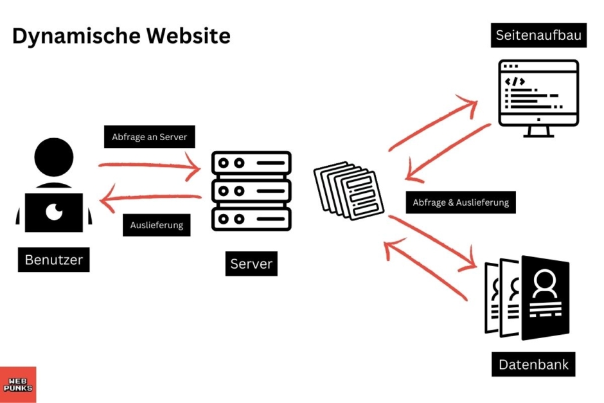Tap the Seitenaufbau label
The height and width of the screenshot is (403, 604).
point(538,35)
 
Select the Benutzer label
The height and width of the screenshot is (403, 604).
point(54,260)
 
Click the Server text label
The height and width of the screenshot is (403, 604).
point(251,264)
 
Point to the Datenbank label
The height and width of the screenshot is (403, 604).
point(533,364)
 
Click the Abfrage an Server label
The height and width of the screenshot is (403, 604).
point(149,137)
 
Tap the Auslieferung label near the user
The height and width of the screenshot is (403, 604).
point(156,225)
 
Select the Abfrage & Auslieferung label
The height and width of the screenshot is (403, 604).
point(460,202)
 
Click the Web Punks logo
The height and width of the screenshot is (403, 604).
point(18,384)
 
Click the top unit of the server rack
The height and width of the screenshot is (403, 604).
point(251,165)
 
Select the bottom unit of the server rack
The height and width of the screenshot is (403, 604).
point(251,218)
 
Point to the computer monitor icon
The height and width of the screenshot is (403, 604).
point(538,96)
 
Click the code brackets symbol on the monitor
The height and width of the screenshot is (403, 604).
point(515,82)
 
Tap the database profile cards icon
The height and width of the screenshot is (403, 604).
point(527,298)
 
